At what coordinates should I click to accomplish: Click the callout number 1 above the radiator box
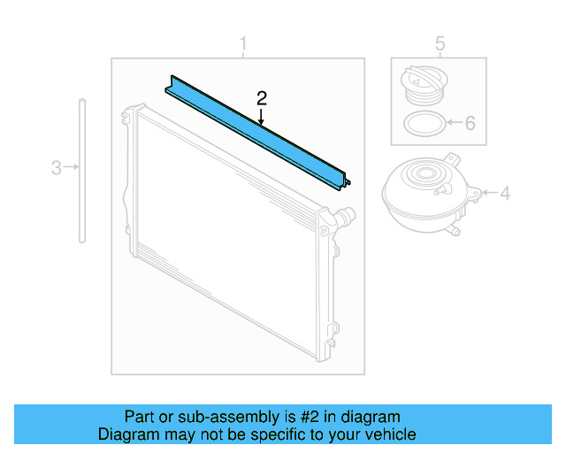[244, 43]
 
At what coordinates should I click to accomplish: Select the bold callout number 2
[261, 97]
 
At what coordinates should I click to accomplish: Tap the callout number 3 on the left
[56, 166]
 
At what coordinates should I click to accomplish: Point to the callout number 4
[505, 192]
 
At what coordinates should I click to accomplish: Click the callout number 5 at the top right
[440, 43]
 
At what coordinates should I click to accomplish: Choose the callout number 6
[470, 123]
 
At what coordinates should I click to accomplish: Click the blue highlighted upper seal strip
[256, 133]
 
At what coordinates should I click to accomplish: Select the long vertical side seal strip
[81, 168]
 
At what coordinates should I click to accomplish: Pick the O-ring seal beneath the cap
[422, 124]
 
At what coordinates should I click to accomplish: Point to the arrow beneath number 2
[261, 114]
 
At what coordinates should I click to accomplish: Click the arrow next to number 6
[452, 123]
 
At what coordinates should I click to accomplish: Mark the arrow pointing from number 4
[488, 192]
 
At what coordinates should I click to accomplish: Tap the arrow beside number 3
[71, 166]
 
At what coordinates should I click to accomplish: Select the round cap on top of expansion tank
[432, 173]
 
